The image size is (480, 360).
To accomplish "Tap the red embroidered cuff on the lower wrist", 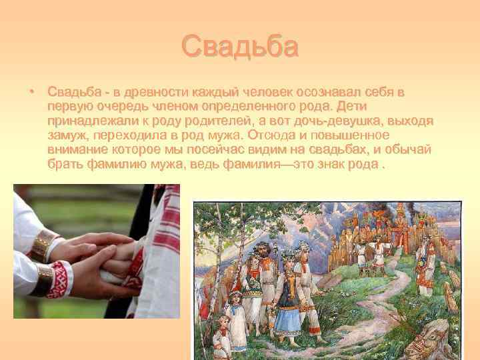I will coord(59,277).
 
